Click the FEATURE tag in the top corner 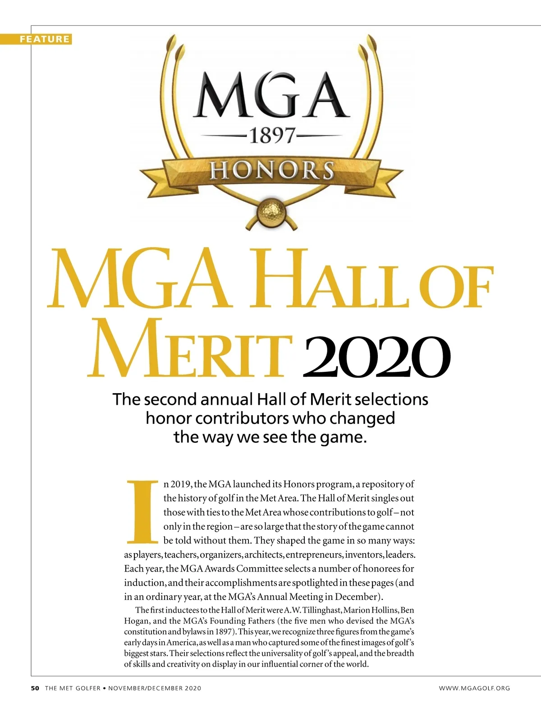45,39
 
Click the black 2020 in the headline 377,357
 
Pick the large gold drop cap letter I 142,512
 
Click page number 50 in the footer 35,688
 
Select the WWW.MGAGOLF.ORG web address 474,688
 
